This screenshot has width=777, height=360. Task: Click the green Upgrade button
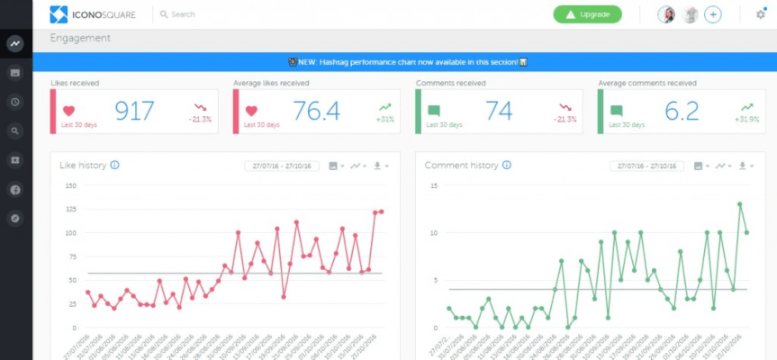(x=587, y=14)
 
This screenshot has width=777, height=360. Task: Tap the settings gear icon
(x=760, y=14)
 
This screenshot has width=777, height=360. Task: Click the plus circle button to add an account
(x=712, y=14)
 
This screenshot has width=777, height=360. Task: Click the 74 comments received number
(x=499, y=111)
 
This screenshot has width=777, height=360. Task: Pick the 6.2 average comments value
(x=681, y=111)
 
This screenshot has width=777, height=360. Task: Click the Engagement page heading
(x=80, y=39)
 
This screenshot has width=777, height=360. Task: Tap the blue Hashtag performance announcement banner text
(x=404, y=62)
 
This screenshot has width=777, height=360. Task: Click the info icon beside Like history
(x=115, y=166)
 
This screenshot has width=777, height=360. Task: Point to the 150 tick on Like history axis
(x=70, y=186)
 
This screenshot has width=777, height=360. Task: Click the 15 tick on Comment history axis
(x=433, y=186)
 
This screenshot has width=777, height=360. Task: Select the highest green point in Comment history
(x=740, y=204)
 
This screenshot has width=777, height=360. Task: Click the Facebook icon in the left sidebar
(x=15, y=190)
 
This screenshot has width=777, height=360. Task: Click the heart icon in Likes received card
(x=69, y=111)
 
